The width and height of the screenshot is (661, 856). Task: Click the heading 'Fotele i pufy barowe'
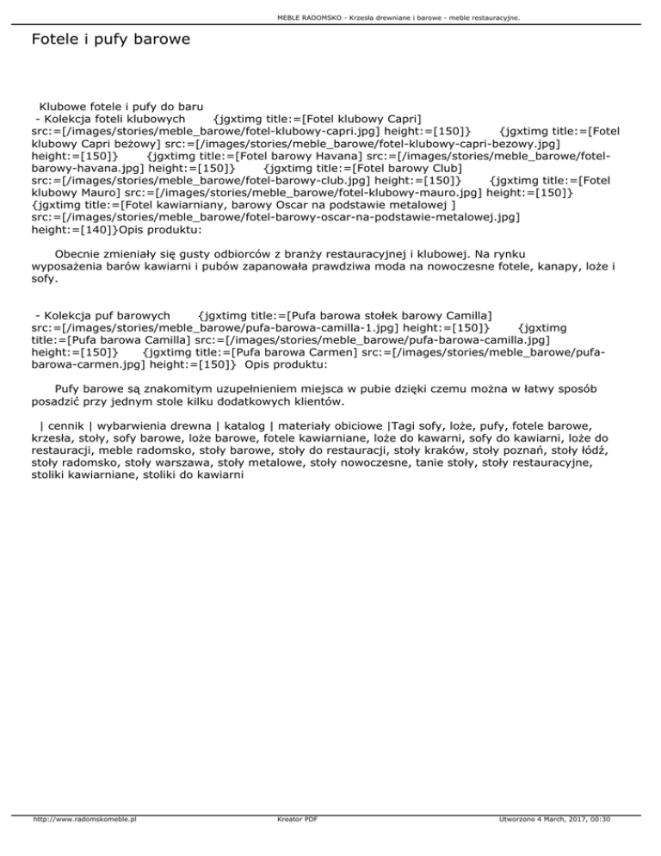pos(110,40)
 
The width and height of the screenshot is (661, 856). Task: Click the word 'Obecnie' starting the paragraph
pos(78,255)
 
